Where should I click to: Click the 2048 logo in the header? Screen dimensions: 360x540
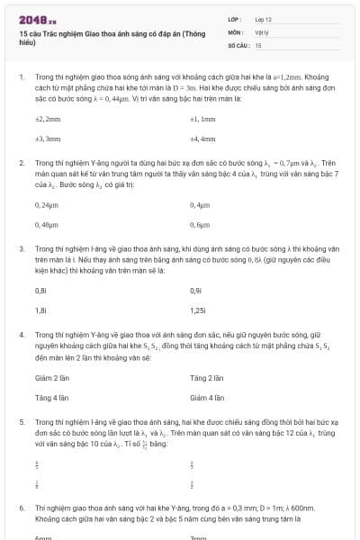(x=38, y=19)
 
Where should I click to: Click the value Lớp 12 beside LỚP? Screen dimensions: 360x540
(x=265, y=19)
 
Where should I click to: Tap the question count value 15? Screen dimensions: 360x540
(x=258, y=44)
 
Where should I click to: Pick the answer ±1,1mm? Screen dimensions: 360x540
(x=202, y=119)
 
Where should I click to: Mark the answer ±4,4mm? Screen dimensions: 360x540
(x=202, y=139)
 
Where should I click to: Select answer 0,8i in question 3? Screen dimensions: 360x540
(x=40, y=290)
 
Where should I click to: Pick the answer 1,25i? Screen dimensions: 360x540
(x=199, y=310)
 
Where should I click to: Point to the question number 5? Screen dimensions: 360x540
(x=21, y=421)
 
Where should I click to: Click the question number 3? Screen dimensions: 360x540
(x=21, y=247)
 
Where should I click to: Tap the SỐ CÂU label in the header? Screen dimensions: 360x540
(x=238, y=44)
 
